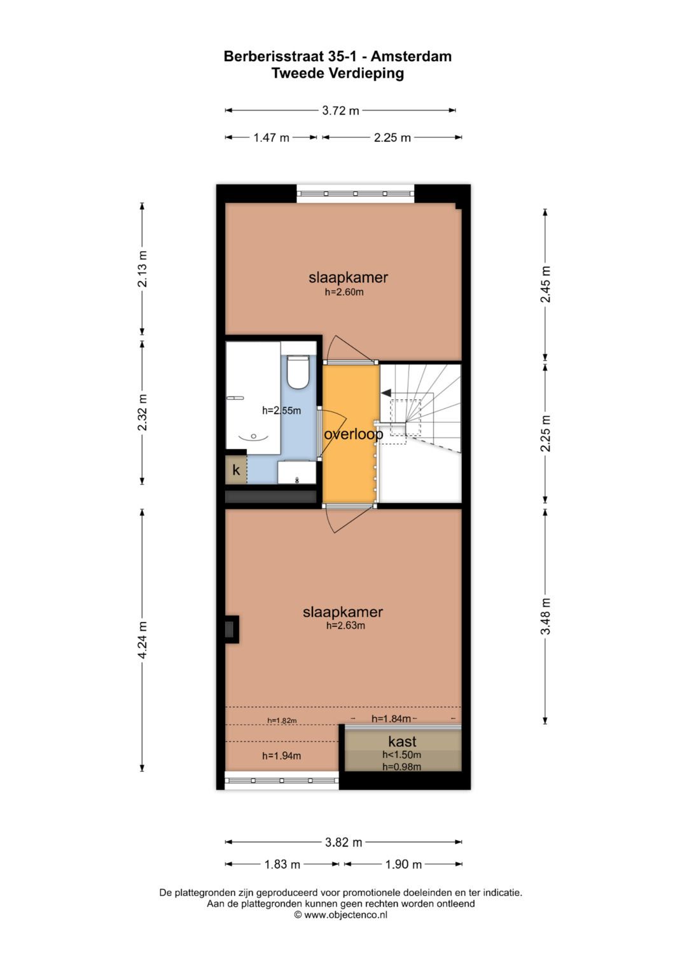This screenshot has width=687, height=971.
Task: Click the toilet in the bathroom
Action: [298, 373]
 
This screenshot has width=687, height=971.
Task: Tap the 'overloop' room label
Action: [353, 434]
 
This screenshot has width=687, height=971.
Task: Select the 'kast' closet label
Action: [402, 741]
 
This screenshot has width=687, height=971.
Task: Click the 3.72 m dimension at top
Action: [340, 111]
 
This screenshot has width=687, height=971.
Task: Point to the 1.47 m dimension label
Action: [271, 137]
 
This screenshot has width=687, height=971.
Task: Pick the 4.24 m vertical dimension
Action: [142, 640]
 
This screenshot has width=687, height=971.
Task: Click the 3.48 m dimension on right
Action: [546, 616]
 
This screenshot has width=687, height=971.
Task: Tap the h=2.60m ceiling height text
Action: [344, 293]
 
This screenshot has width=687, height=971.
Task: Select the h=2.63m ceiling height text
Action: [345, 626]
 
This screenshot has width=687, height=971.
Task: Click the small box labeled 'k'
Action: [236, 471]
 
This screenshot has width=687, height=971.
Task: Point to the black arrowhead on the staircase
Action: [386, 394]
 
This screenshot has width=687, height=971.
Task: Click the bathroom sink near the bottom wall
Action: [296, 472]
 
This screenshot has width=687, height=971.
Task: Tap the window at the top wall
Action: [356, 193]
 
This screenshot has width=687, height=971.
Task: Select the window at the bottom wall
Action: [282, 780]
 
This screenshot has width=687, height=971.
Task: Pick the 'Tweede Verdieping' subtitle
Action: [338, 74]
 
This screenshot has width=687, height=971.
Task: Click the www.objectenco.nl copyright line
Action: [340, 915]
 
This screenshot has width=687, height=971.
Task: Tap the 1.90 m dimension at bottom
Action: [403, 864]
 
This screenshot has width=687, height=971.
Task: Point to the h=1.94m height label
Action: [281, 756]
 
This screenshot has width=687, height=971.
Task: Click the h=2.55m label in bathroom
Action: [281, 411]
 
